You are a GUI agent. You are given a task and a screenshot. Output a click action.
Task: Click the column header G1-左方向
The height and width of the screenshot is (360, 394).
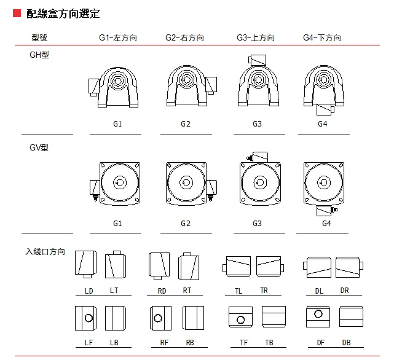tap(118, 38)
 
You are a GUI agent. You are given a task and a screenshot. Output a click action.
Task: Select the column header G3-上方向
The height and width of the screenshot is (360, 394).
tap(256, 38)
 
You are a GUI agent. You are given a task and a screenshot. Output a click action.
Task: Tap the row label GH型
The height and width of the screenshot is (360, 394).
tap(39, 55)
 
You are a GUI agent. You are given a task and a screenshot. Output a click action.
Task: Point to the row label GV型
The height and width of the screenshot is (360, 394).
tap(39, 147)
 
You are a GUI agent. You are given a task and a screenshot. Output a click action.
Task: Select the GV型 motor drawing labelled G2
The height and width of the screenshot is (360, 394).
tap(186, 182)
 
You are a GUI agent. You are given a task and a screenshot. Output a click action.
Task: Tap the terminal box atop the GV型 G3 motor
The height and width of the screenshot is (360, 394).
tap(258, 158)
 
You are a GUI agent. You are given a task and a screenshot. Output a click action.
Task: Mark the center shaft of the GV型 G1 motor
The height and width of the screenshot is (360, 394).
tap(120, 182)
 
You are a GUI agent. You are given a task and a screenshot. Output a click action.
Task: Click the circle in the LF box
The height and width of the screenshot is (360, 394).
tap(89, 318)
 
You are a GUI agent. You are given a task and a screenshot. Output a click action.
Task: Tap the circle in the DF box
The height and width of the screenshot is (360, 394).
tap(318, 314)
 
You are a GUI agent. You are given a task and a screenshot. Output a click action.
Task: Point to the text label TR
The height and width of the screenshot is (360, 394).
tap(264, 291)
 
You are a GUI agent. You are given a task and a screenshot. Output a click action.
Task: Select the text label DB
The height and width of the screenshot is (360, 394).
tap(346, 342)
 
